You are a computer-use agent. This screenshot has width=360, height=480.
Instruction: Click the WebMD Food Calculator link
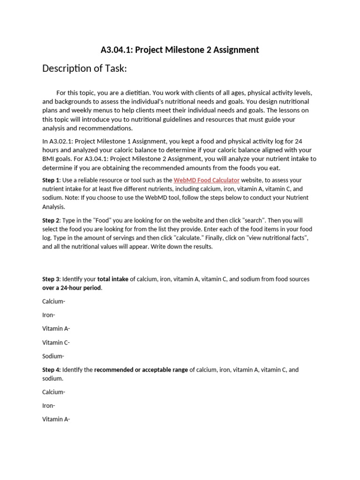pyautogui.click(x=207, y=180)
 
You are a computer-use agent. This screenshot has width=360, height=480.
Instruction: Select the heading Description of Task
pyautogui.click(x=84, y=69)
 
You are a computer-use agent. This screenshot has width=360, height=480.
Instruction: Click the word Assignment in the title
pyautogui.click(x=235, y=50)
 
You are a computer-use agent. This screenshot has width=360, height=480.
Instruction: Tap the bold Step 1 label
pyautogui.click(x=51, y=180)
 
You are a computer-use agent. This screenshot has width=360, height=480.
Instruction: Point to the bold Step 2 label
pyautogui.click(x=51, y=220)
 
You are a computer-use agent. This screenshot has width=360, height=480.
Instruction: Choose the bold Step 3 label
pyautogui.click(x=51, y=279)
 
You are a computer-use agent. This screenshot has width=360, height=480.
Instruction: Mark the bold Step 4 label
pyautogui.click(x=51, y=370)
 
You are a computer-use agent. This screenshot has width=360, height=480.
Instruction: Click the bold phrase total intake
pyautogui.click(x=112, y=279)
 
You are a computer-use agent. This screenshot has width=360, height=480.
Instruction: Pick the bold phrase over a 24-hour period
pyautogui.click(x=72, y=288)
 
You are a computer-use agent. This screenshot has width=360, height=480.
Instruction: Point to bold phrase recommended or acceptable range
pyautogui.click(x=141, y=370)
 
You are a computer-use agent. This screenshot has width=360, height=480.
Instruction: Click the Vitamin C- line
pyautogui.click(x=56, y=343)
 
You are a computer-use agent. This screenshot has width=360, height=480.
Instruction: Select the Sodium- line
pyautogui.click(x=53, y=356)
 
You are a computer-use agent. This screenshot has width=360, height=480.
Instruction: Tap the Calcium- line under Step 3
pyautogui.click(x=54, y=301)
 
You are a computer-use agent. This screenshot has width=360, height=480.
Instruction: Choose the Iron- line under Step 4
pyautogui.click(x=49, y=405)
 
